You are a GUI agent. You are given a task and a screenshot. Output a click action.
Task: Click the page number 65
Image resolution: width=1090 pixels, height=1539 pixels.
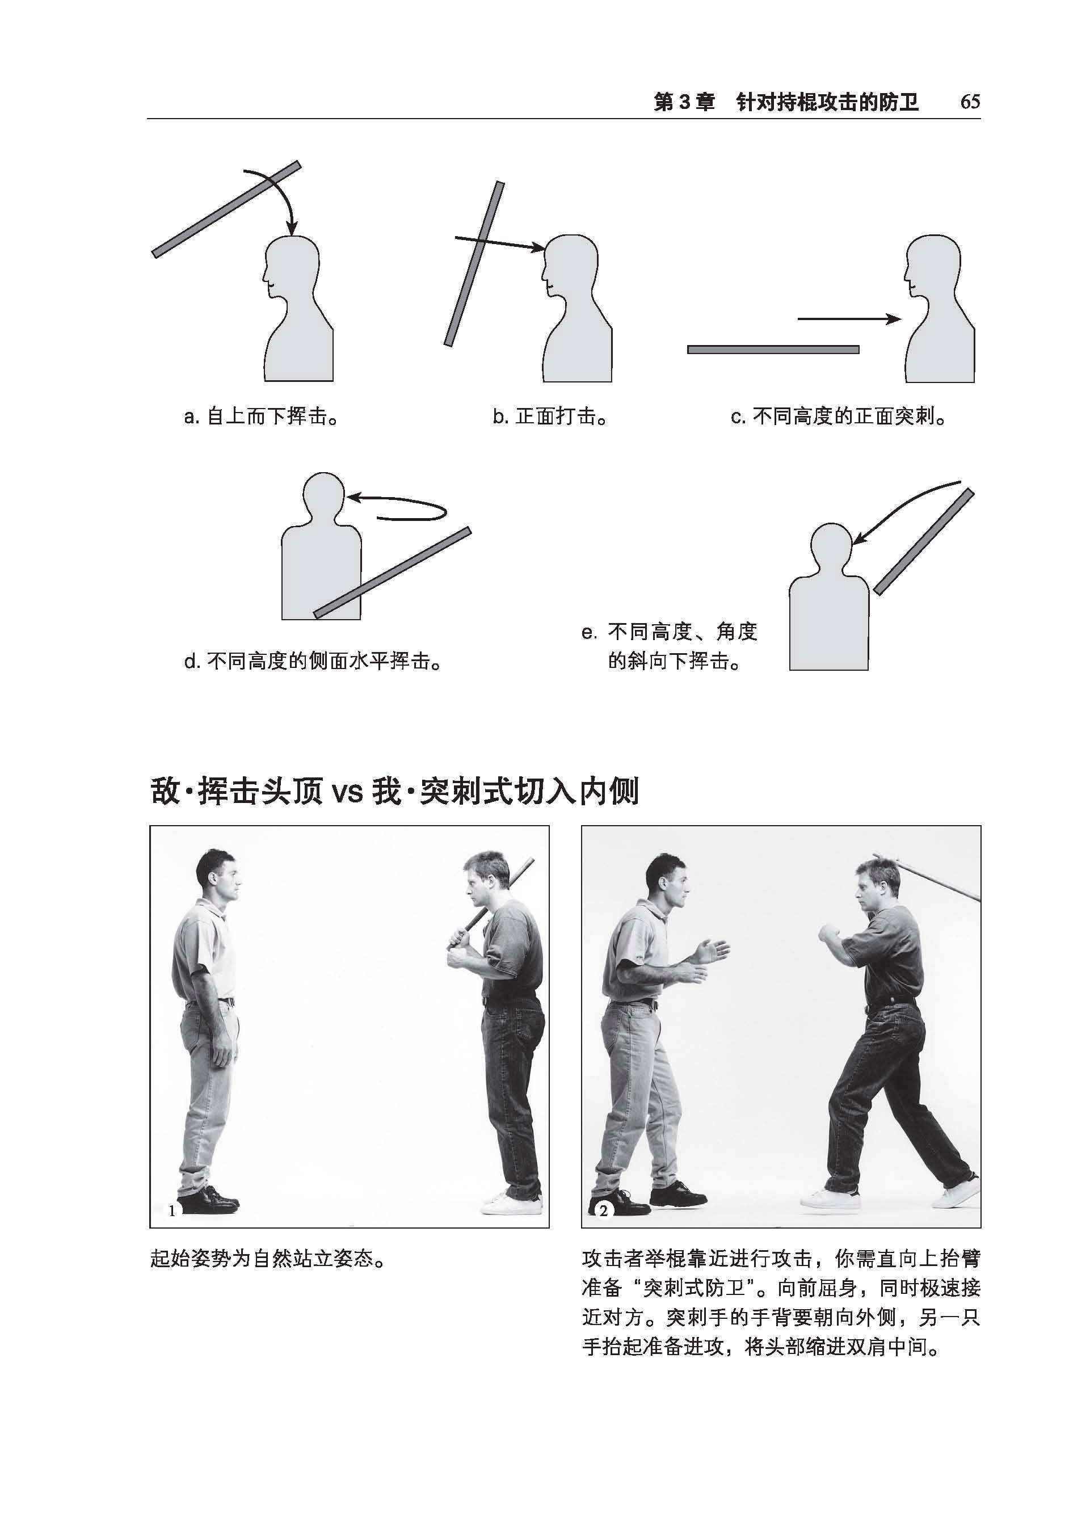click(x=970, y=102)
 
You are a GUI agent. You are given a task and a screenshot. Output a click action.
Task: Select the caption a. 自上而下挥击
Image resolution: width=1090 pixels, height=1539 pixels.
click(x=261, y=417)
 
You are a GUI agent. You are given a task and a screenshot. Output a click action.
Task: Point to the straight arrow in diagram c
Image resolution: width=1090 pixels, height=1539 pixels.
click(x=848, y=319)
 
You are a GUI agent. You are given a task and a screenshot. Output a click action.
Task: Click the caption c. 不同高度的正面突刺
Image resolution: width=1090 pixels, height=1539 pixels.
click(x=839, y=417)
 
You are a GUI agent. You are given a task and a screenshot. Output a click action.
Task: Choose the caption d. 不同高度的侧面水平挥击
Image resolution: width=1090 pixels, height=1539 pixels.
click(x=313, y=661)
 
